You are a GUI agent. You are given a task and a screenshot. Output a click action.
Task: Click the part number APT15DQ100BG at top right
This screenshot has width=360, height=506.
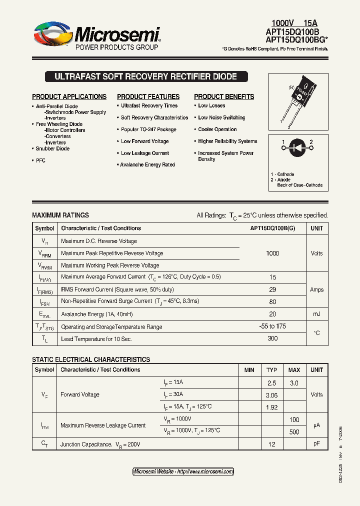(296, 39)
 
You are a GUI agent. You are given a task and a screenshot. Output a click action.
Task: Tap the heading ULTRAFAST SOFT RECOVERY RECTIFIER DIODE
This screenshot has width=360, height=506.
(145, 77)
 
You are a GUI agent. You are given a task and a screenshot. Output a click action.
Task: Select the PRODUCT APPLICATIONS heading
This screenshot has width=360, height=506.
(69, 96)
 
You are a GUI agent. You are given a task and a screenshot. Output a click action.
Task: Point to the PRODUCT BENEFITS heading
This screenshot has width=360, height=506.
(224, 96)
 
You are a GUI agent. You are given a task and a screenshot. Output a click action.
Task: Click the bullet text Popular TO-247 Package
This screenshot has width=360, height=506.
(148, 129)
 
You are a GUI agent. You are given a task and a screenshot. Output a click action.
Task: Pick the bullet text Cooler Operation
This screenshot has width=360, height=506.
(217, 129)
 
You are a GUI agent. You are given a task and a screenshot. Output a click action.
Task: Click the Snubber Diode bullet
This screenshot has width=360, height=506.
(52, 148)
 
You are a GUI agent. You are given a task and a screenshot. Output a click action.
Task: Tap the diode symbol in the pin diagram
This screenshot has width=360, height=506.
(297, 147)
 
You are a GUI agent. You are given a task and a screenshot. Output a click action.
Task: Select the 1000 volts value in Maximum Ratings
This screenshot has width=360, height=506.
(272, 253)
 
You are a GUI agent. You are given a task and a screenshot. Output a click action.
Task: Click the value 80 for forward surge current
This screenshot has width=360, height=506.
(272, 301)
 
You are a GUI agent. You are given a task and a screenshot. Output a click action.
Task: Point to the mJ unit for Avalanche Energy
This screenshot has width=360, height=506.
(316, 314)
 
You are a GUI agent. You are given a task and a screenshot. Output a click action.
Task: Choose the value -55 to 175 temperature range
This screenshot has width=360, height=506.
(272, 326)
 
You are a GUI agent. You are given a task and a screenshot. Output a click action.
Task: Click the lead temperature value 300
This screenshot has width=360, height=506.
(272, 339)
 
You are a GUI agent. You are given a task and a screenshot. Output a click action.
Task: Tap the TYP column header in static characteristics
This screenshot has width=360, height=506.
(271, 370)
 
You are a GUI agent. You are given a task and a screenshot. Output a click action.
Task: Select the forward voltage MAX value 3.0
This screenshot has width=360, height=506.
(294, 383)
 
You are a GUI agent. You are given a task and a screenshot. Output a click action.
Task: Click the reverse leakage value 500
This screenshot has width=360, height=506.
(294, 431)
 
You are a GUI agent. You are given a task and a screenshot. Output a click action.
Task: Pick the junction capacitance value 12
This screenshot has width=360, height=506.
(271, 444)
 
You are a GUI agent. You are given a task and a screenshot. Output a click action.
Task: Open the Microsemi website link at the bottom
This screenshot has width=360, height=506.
(183, 471)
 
